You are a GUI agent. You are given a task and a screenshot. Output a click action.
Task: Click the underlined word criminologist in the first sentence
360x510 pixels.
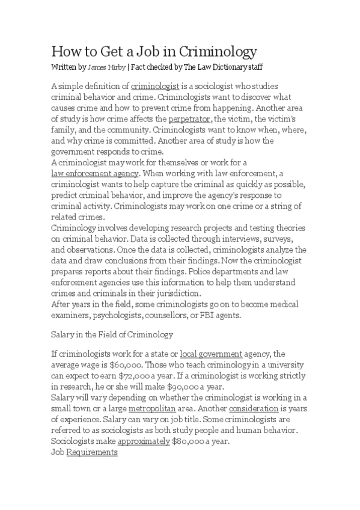pyautogui.click(x=155, y=87)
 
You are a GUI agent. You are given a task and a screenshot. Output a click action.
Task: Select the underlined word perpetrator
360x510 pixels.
pyautogui.click(x=189, y=119)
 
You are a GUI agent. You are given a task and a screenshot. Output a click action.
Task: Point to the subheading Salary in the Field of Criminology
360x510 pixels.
pyautogui.click(x=112, y=334)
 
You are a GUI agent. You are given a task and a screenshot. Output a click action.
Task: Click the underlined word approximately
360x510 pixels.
pyautogui.click(x=143, y=441)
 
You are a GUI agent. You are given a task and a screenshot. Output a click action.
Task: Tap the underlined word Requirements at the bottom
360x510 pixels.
pyautogui.click(x=92, y=452)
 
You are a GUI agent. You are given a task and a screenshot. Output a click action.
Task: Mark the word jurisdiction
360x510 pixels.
pyautogui.click(x=174, y=293)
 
